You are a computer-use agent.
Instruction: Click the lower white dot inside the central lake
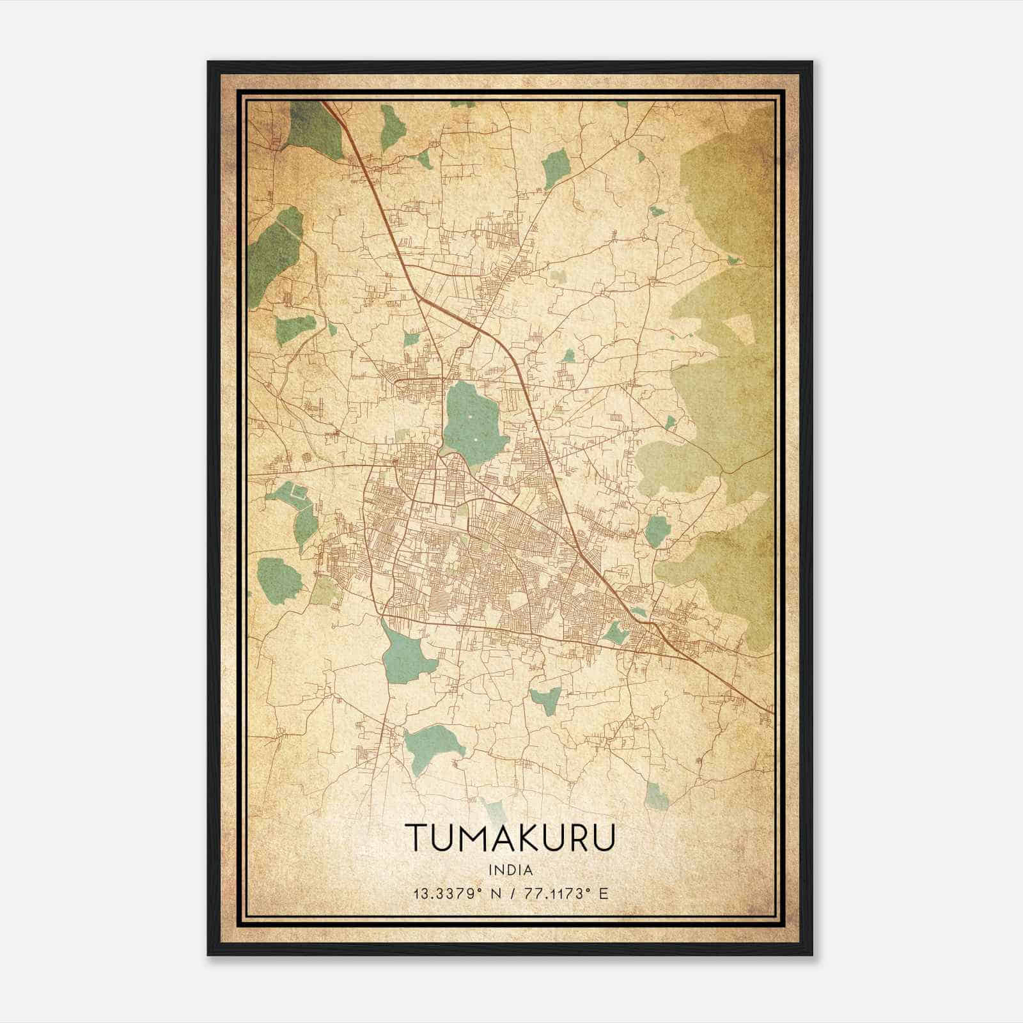[x=476, y=440]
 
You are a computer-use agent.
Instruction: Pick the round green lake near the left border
[x=279, y=575]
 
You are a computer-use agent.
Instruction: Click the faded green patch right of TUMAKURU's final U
[x=657, y=796]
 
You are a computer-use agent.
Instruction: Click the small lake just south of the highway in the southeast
[x=615, y=634]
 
